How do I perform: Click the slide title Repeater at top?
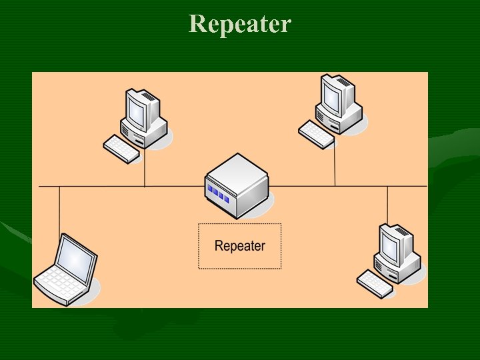[240, 24]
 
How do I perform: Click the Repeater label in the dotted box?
[240, 246]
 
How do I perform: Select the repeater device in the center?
[237, 185]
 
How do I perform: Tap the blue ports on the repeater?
[218, 193]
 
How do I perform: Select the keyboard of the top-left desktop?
[122, 149]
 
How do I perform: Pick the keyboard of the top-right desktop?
[316, 133]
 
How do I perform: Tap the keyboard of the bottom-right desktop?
[375, 283]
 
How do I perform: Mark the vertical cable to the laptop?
[59, 210]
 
